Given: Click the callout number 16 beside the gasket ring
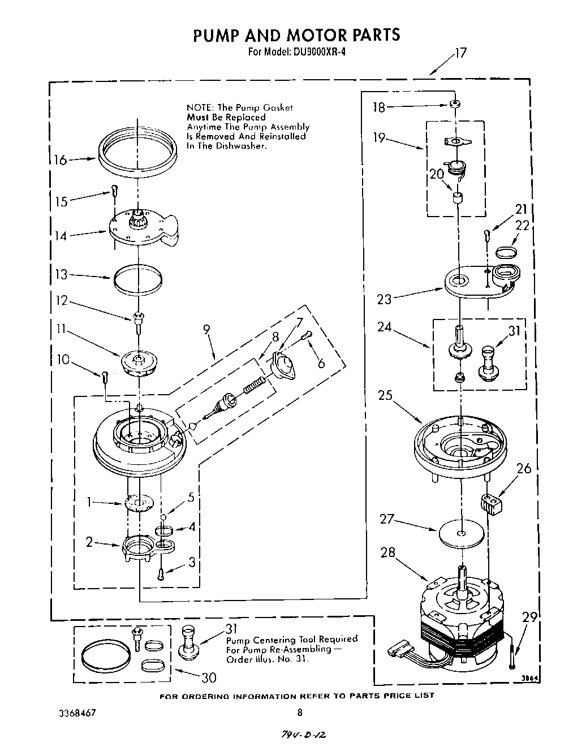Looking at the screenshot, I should (x=60, y=160).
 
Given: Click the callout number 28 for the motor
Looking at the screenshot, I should (x=387, y=552).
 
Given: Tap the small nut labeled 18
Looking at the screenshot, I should (x=454, y=105).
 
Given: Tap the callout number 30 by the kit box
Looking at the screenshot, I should (x=209, y=677).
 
